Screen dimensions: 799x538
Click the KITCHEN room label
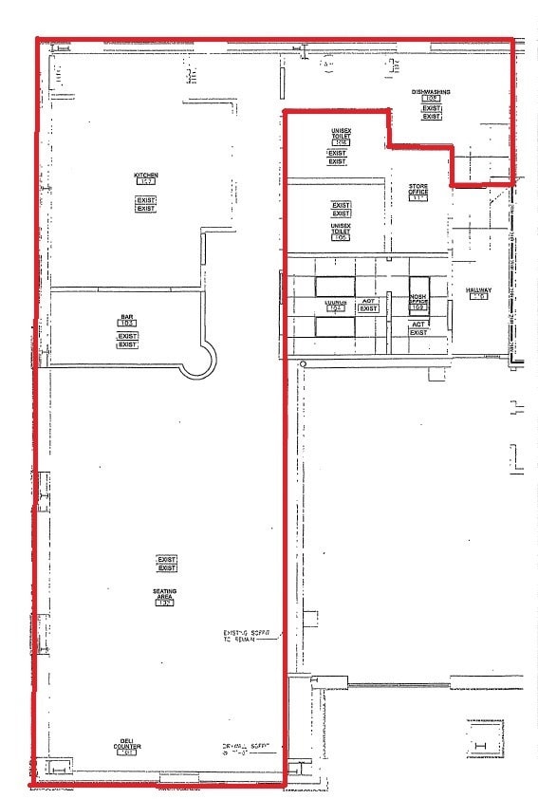pyautogui.click(x=145, y=175)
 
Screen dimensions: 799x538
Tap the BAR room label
pyautogui.click(x=126, y=317)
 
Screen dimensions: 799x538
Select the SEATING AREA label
pyautogui.click(x=165, y=594)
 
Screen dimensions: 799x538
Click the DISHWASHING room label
pyautogui.click(x=430, y=92)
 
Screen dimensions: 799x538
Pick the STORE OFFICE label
pyautogui.click(x=418, y=189)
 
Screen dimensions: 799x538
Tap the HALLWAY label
pyautogui.click(x=476, y=289)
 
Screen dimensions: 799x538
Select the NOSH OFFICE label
pyautogui.click(x=418, y=298)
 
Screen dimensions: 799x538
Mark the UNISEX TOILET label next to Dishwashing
pyautogui.click(x=342, y=134)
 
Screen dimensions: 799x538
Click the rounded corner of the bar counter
pyautogui.click(x=199, y=360)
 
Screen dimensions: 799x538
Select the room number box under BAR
pyautogui.click(x=126, y=325)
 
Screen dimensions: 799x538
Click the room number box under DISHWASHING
pyautogui.click(x=431, y=99)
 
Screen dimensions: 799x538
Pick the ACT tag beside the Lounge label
pyautogui.click(x=368, y=301)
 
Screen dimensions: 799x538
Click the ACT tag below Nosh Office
pyautogui.click(x=418, y=324)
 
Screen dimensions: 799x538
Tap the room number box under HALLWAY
pyautogui.click(x=477, y=297)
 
